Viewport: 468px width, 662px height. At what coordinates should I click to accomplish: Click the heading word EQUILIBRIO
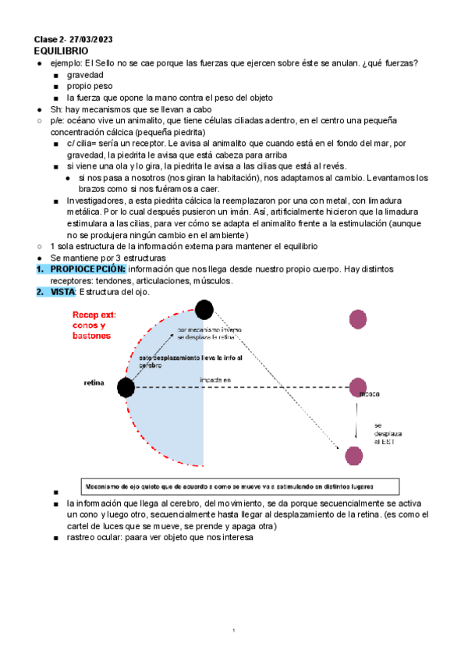pos(61,50)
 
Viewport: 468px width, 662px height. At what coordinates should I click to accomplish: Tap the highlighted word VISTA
pos(62,291)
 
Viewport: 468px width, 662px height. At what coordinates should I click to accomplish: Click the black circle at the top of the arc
pos(204,310)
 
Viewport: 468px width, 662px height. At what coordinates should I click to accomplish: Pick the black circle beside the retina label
pos(126,386)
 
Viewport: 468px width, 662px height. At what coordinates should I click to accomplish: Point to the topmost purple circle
pos(358,318)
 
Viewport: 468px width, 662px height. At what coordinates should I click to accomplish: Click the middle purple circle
pos(357,386)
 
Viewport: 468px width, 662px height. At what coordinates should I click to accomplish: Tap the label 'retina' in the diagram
pos(94,383)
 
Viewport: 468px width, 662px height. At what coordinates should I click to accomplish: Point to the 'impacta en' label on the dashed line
pos(215,380)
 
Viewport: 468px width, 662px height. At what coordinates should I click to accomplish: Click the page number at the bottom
pos(234,630)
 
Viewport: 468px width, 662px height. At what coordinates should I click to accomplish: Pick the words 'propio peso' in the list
pos(90,87)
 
